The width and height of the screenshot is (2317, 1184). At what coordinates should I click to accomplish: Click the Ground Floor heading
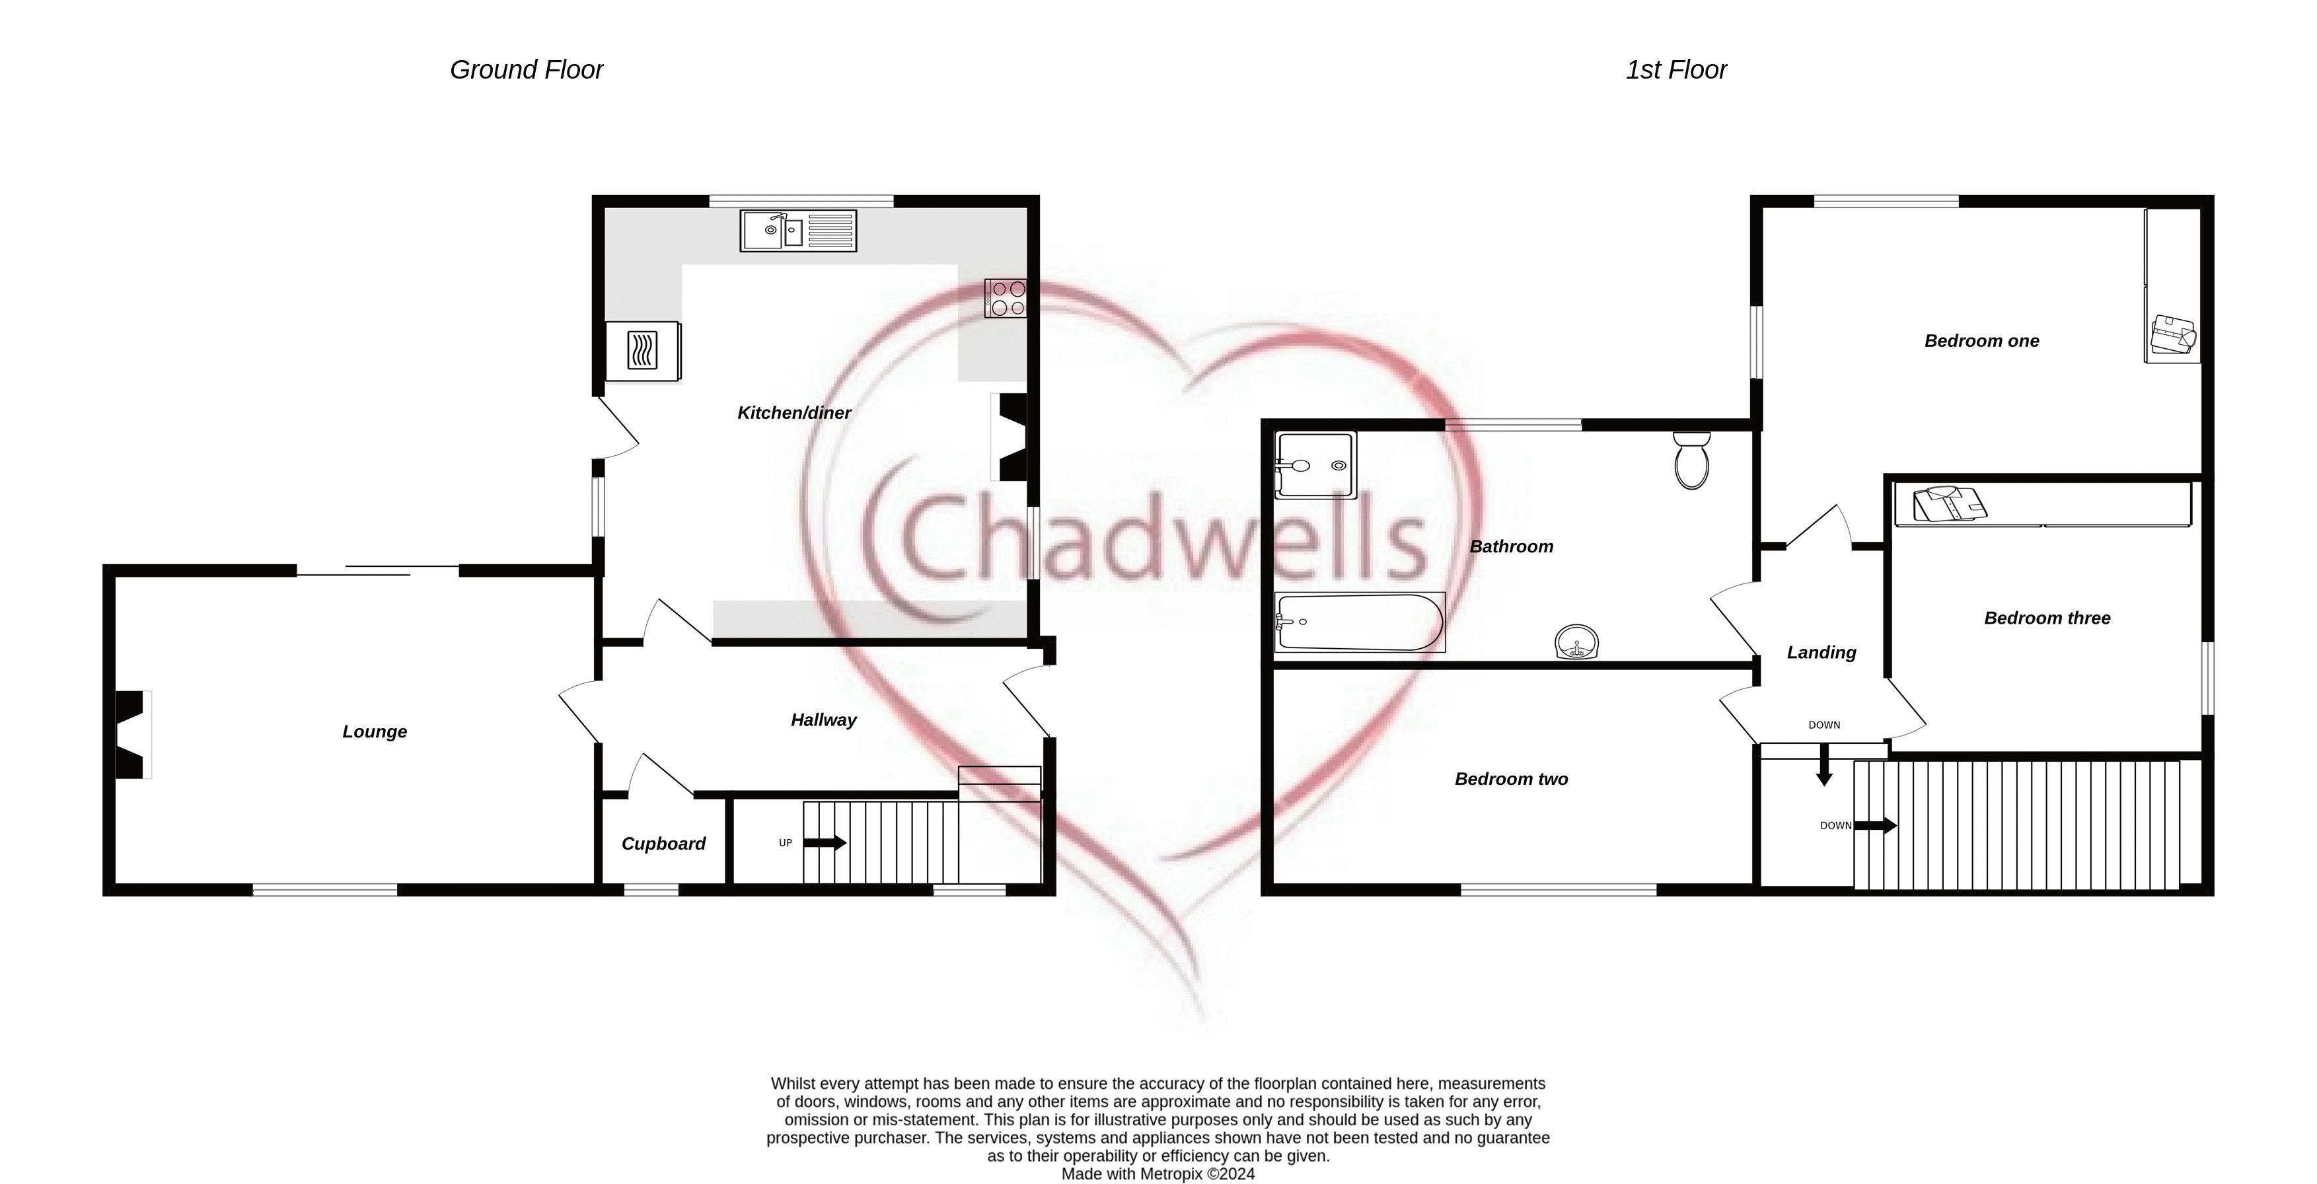click(526, 69)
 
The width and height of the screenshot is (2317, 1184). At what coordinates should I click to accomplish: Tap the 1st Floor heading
click(1675, 69)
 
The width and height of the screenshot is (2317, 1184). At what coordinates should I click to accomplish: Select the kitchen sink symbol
click(798, 231)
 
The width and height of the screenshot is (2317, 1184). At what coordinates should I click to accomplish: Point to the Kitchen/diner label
click(793, 413)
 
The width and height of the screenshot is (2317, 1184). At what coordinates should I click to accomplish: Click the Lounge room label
click(374, 731)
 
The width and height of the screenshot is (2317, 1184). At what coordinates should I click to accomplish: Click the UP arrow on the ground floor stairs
click(824, 843)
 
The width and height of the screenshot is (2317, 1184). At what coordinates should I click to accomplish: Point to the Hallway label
click(823, 720)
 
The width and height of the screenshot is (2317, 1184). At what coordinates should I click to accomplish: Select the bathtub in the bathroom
click(1359, 622)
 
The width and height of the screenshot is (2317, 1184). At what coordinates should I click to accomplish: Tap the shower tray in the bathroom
click(1315, 465)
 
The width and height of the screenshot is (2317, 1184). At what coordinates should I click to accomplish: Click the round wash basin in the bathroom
click(1577, 642)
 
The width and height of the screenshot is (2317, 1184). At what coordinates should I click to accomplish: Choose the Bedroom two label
click(1511, 779)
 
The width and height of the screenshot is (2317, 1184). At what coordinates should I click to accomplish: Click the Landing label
click(1821, 652)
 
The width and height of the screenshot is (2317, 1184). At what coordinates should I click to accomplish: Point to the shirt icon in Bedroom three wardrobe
click(1948, 504)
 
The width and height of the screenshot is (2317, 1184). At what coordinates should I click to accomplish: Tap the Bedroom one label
click(1981, 341)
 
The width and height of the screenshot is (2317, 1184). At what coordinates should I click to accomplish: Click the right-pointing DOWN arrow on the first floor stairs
click(1876, 825)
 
